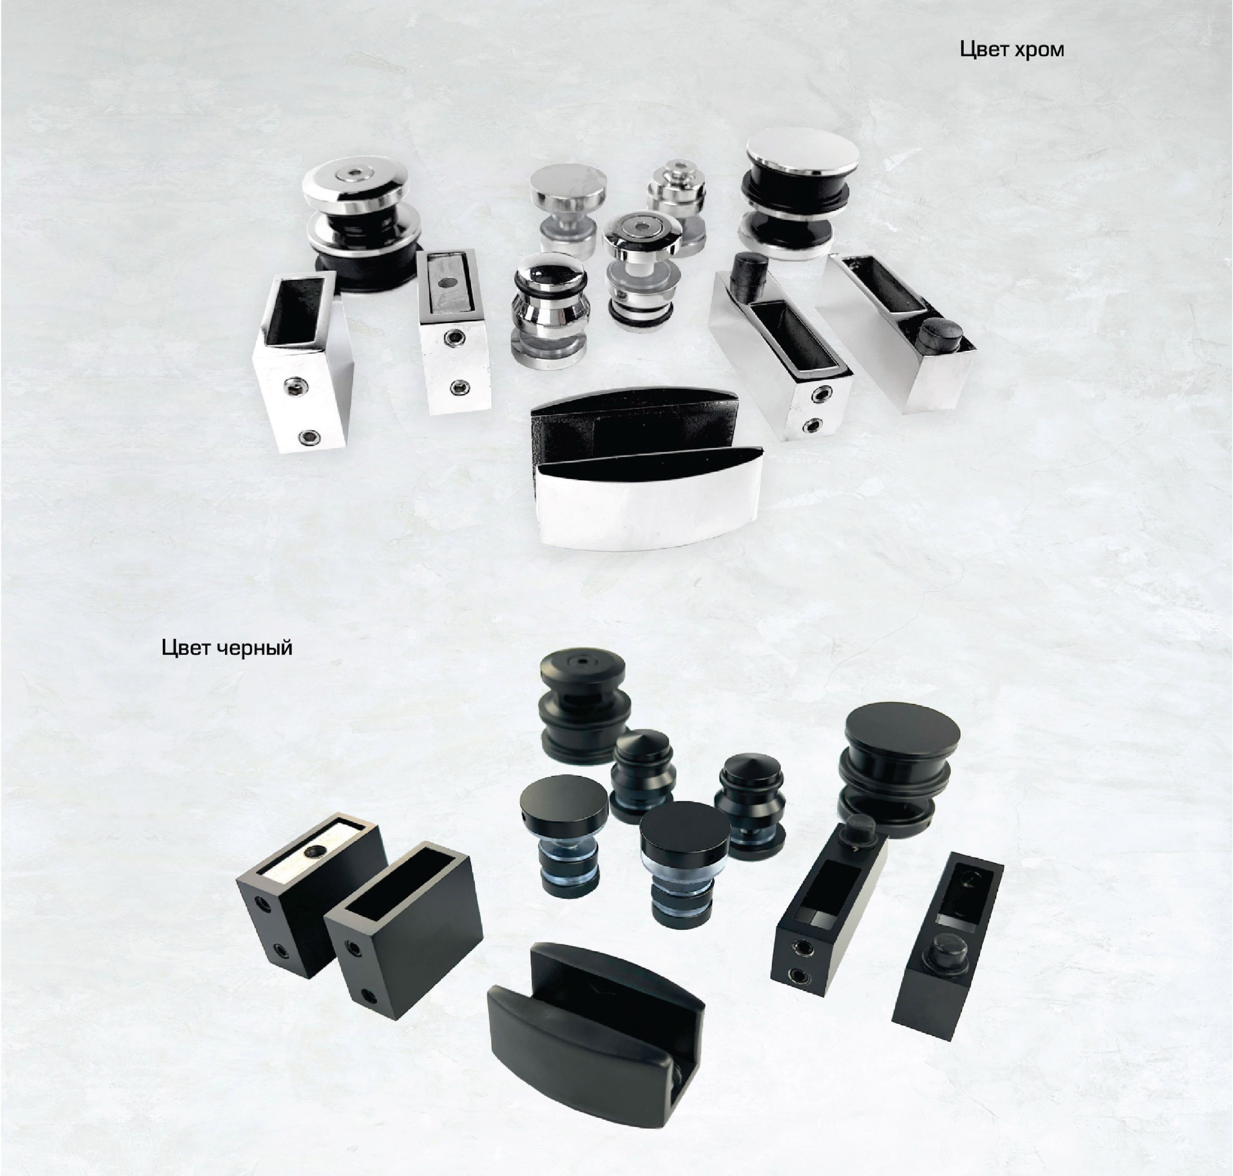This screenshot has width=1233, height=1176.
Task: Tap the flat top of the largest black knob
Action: click(902, 732)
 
